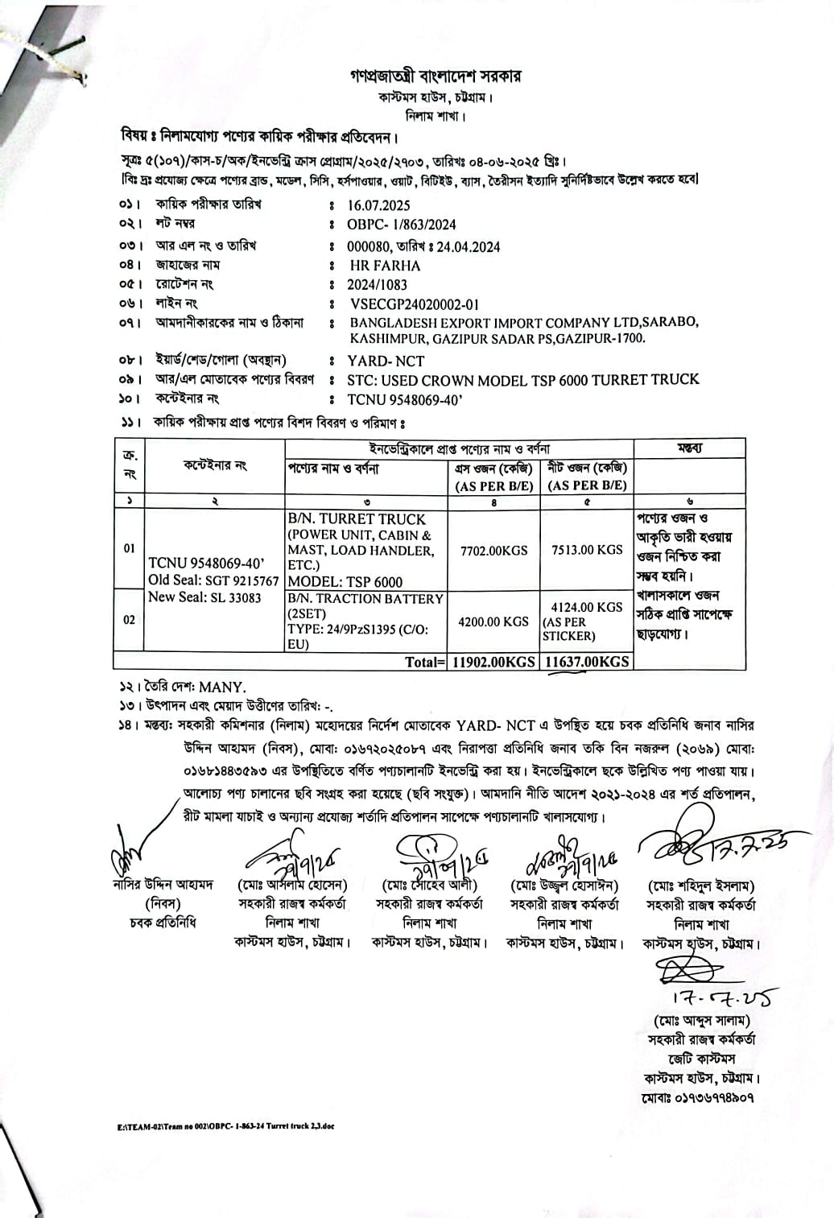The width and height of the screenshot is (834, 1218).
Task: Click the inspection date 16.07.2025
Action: (378, 205)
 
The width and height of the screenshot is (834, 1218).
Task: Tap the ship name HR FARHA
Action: (385, 266)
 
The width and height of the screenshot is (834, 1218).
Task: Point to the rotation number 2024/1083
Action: (377, 285)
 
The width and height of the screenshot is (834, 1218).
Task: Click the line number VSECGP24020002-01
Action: (415, 304)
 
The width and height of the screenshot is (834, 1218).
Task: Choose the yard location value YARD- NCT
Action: (386, 361)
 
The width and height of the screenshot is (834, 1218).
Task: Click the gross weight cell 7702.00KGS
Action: (493, 551)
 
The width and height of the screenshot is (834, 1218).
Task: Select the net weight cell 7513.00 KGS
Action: (587, 550)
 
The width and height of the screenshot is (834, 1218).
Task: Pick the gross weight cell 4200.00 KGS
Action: (493, 621)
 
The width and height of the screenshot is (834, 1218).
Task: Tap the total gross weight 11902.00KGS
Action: (493, 662)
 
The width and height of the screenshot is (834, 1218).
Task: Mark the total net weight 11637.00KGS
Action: (587, 662)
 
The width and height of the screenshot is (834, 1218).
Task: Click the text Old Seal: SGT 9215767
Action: (213, 580)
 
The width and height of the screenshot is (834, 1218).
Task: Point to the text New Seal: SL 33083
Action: (204, 597)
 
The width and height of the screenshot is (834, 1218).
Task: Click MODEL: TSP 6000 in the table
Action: (345, 582)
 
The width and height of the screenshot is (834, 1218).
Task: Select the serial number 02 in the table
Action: (129, 620)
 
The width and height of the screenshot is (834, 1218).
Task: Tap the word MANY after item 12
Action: (221, 687)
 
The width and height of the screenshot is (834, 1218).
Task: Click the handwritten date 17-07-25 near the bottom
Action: (720, 999)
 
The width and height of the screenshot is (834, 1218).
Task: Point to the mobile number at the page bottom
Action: (699, 1097)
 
